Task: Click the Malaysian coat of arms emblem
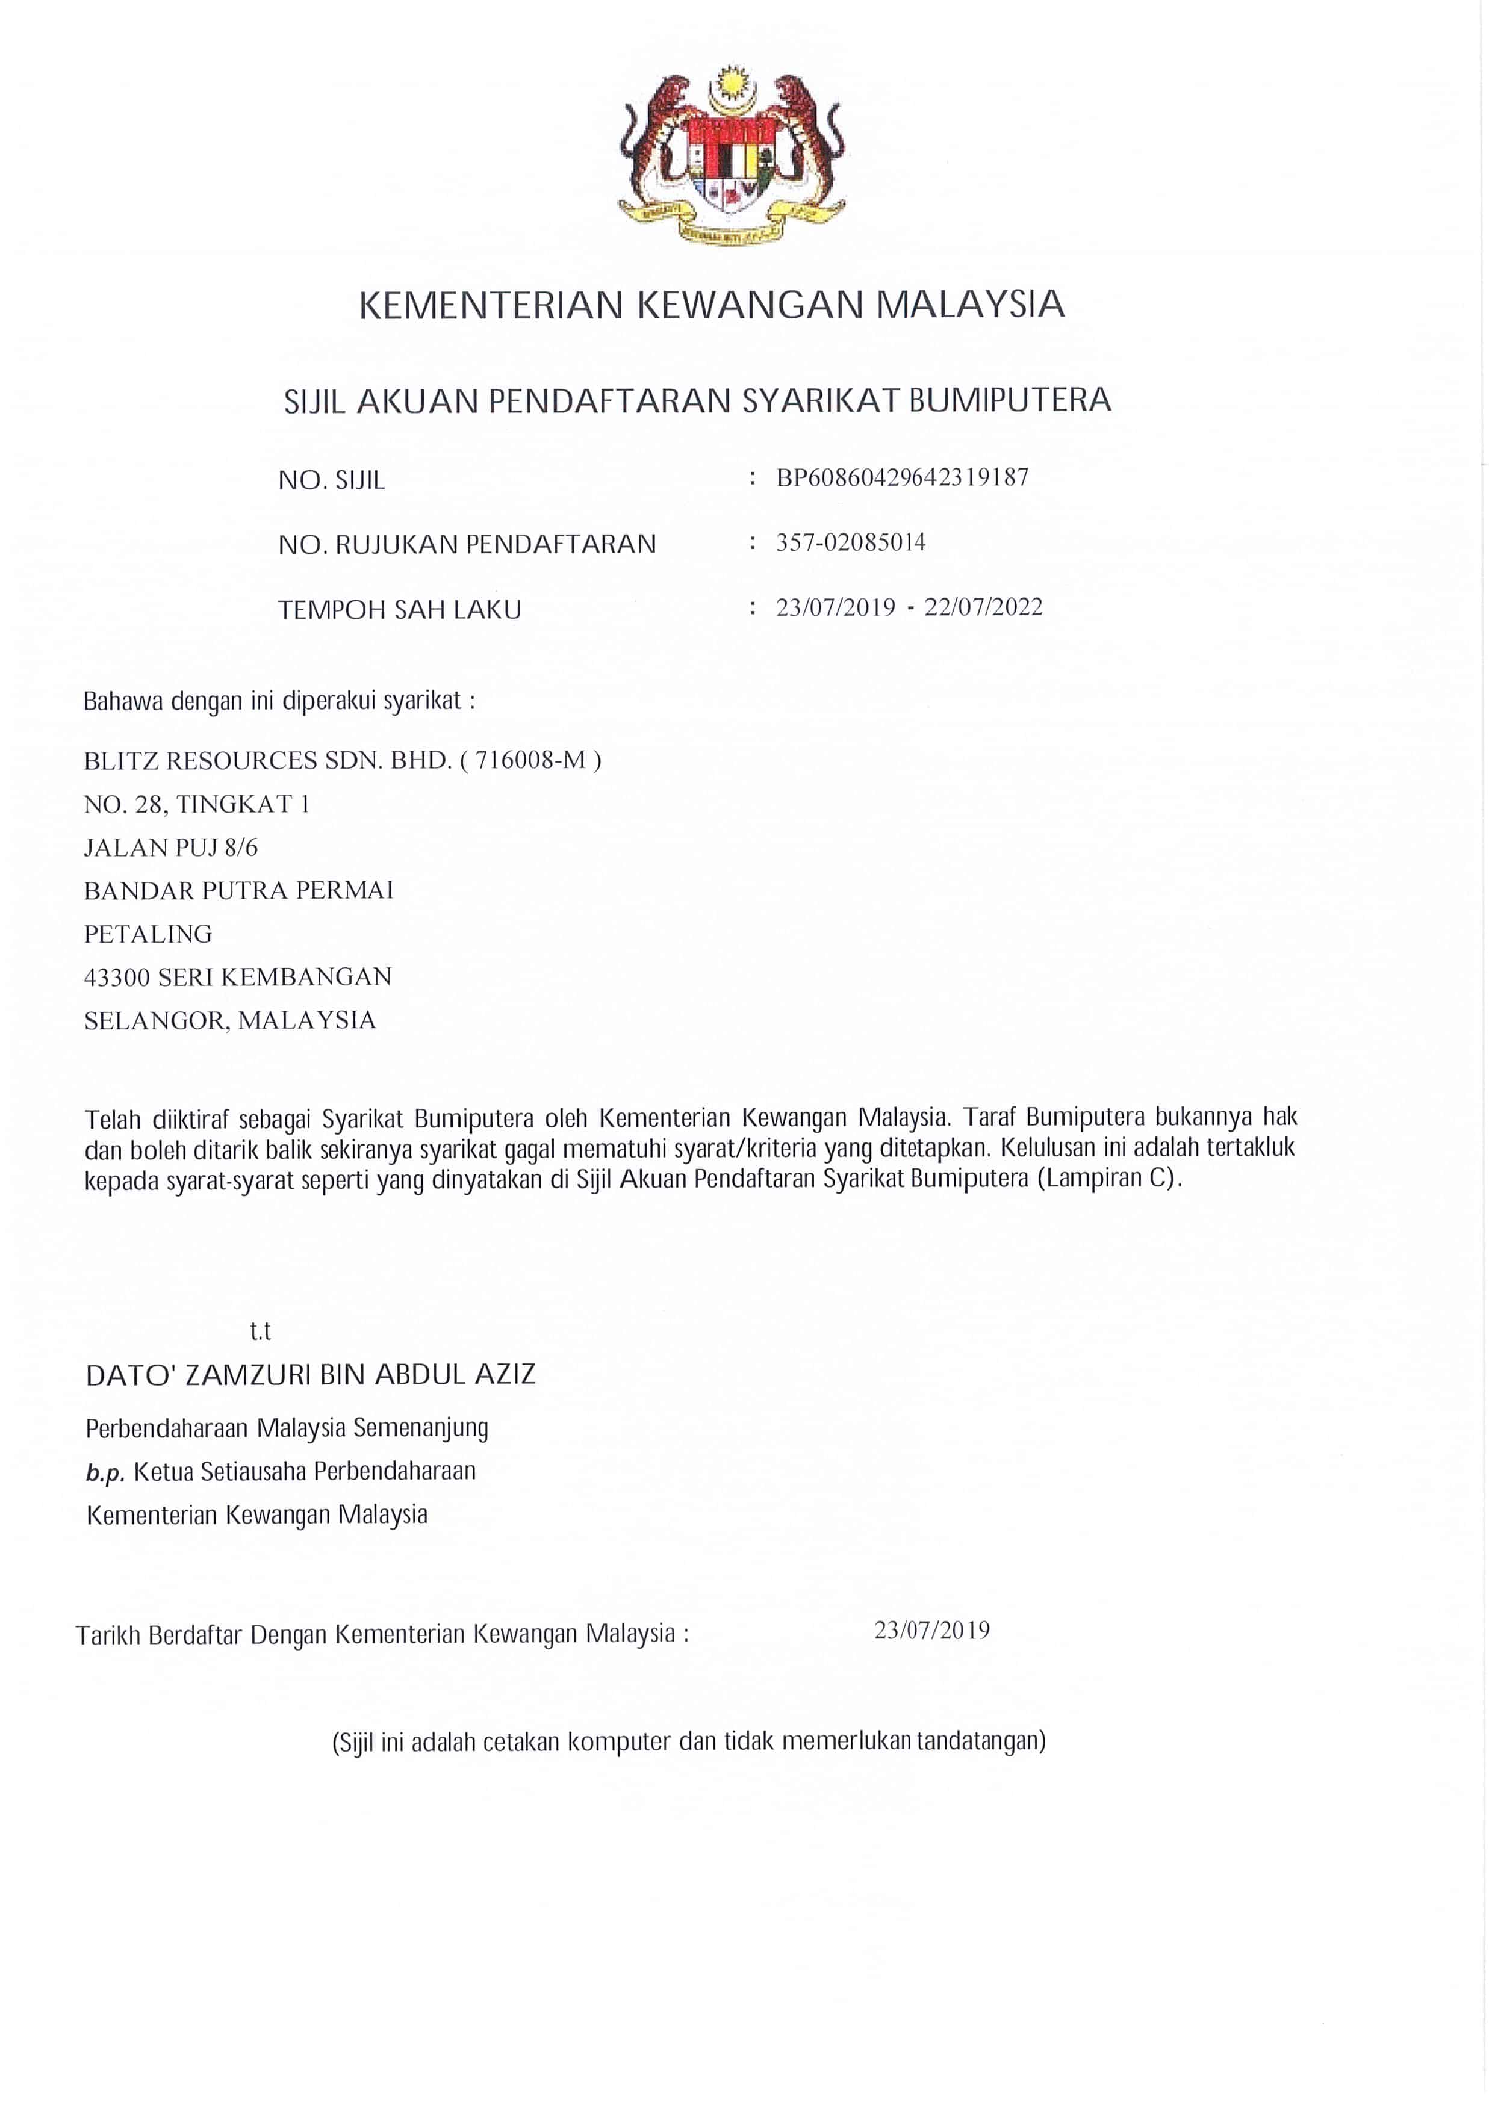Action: coord(731,156)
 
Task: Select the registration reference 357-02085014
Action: coord(850,543)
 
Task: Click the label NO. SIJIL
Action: coord(331,480)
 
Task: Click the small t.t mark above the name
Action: coord(260,1332)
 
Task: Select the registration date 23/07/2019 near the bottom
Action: coord(931,1630)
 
